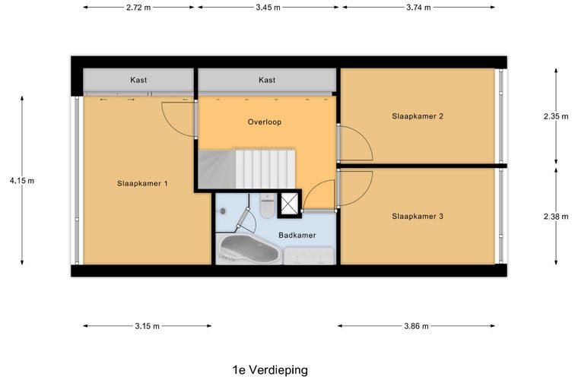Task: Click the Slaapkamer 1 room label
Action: (x=142, y=183)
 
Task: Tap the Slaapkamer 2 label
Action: (x=418, y=116)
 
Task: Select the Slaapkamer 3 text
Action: (x=418, y=217)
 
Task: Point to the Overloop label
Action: (x=265, y=122)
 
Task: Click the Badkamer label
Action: (x=297, y=236)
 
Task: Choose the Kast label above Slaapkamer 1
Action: (x=138, y=80)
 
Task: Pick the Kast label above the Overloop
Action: (x=266, y=80)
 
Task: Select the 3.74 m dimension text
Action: (x=418, y=8)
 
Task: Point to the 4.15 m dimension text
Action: (x=22, y=181)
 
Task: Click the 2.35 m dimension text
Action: (x=556, y=116)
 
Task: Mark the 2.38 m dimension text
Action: (x=556, y=217)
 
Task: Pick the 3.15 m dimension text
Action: (x=146, y=326)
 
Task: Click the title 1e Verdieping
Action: (x=270, y=370)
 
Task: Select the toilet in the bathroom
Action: (x=266, y=206)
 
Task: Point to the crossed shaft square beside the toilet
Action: (x=290, y=204)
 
